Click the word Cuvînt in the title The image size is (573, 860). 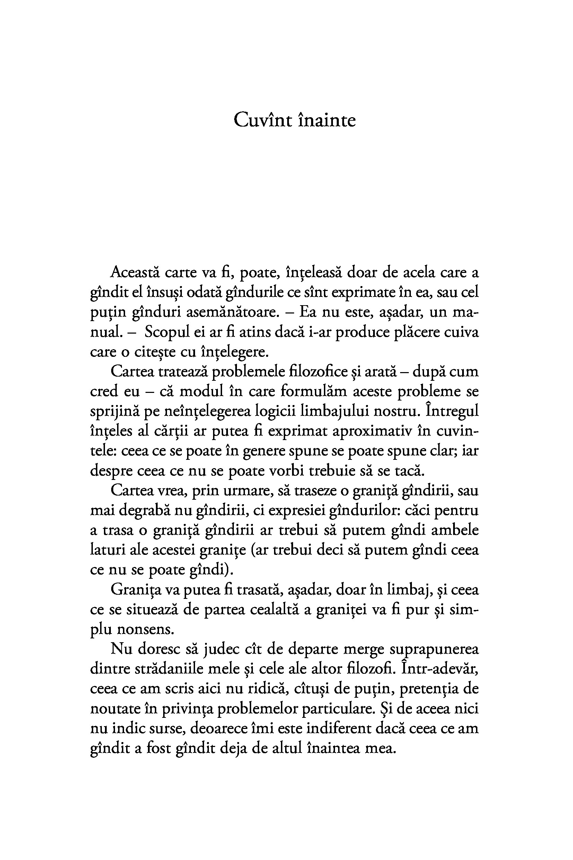coord(263,120)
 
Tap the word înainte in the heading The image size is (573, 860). coord(327,120)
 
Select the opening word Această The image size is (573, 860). coord(135,273)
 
